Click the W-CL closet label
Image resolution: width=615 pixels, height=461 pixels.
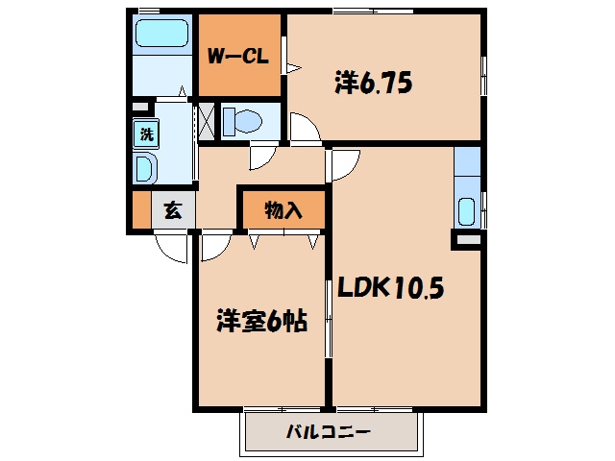[x=237, y=57]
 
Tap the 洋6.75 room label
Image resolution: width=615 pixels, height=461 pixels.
[x=374, y=83]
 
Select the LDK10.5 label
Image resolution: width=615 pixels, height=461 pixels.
[x=391, y=287]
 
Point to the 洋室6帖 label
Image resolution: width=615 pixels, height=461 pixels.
[x=261, y=321]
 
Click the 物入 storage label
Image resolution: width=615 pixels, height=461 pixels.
[x=283, y=210]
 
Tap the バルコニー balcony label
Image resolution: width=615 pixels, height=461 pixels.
[x=328, y=432]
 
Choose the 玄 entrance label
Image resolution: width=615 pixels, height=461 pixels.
[x=173, y=210]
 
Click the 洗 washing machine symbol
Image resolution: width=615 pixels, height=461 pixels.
[x=146, y=134]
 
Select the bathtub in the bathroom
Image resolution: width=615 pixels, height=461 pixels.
[x=161, y=34]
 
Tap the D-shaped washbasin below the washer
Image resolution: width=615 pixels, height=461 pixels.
[x=144, y=169]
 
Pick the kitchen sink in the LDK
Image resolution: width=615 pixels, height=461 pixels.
[x=466, y=211]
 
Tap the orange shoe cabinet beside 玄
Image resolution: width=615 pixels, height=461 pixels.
[x=141, y=209]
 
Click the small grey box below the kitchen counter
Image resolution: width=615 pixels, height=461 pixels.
[x=468, y=240]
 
